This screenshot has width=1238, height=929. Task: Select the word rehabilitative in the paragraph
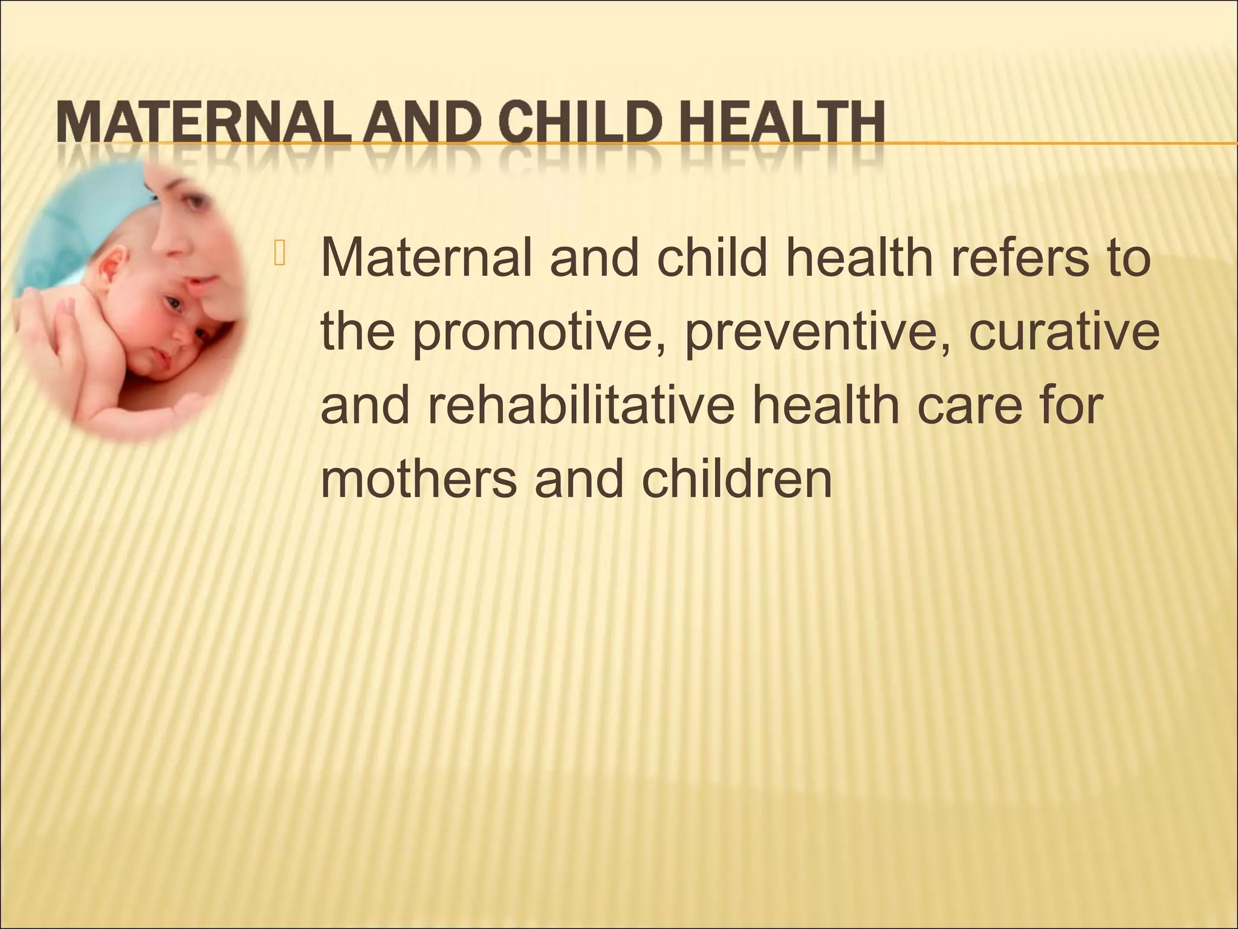tap(580, 405)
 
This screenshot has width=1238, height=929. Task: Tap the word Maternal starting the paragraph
tap(427, 257)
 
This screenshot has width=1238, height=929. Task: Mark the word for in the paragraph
tap(1071, 405)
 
